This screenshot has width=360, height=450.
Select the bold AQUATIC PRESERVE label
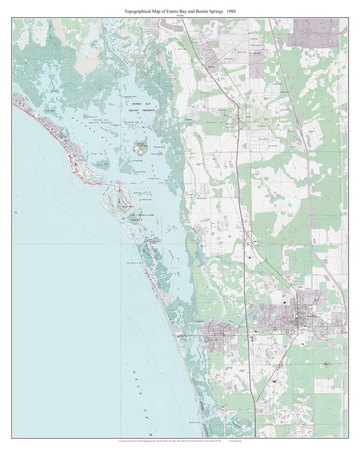tap(143, 109)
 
